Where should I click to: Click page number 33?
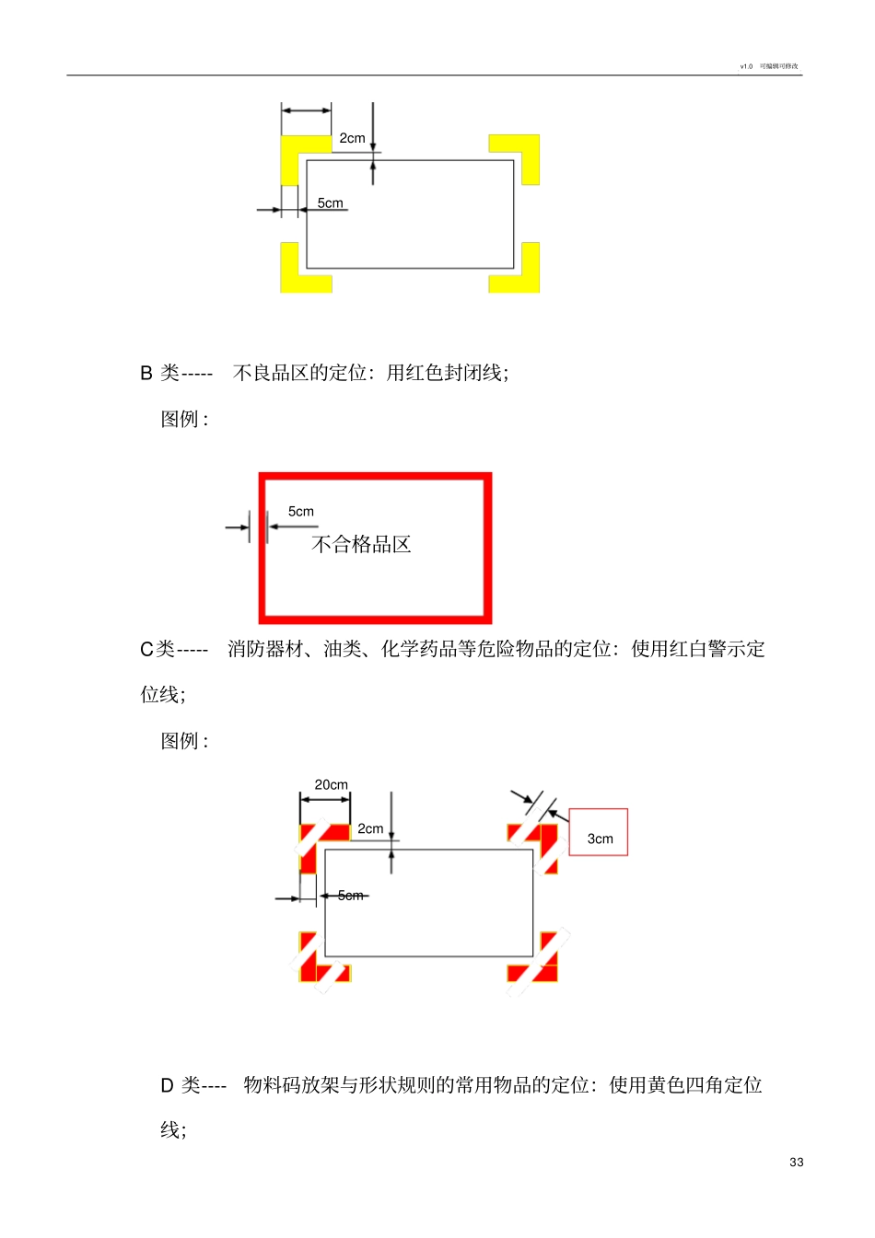tap(796, 1163)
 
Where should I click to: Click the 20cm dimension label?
tap(332, 785)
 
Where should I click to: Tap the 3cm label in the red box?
tap(600, 839)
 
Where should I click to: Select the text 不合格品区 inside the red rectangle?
tap(361, 545)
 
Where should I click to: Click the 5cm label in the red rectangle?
tap(301, 512)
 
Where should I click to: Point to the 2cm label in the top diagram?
tap(352, 138)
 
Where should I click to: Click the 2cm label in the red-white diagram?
tap(370, 828)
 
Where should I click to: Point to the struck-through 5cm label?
tap(350, 895)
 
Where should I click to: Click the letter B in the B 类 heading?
tap(146, 373)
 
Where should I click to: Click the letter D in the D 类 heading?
tap(167, 1086)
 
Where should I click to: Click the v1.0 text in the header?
tap(746, 66)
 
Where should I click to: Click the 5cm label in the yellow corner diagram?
tap(330, 203)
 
